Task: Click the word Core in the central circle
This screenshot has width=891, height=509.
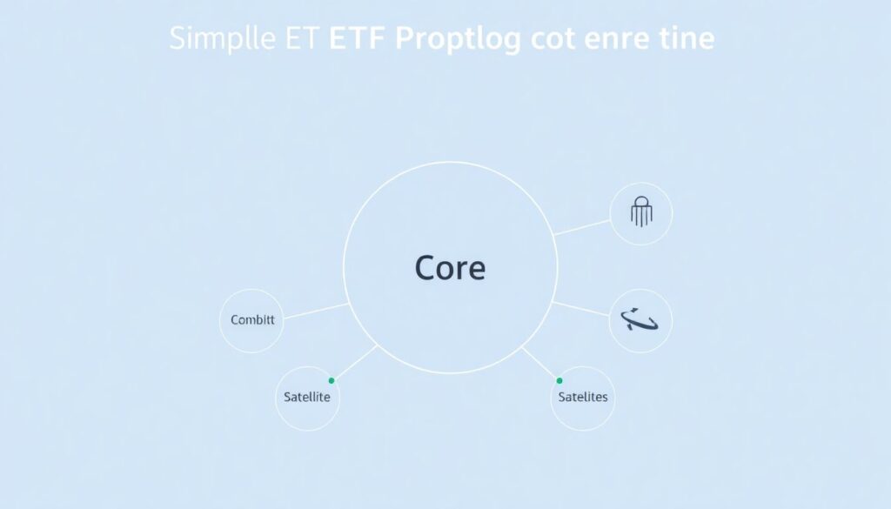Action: (x=450, y=267)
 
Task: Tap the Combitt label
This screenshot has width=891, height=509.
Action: (x=252, y=320)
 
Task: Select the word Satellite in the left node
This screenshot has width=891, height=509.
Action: (x=307, y=397)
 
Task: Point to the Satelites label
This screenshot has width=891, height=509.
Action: (x=583, y=397)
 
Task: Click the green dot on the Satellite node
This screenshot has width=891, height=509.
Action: (x=332, y=380)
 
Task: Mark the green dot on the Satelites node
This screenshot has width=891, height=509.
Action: (x=559, y=380)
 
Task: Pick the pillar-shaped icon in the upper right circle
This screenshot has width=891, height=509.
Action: (x=641, y=211)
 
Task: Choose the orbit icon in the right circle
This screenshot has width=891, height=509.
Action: (x=640, y=320)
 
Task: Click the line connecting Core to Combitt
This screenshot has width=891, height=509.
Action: (x=316, y=311)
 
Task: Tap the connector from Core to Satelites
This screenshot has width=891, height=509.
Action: (x=539, y=363)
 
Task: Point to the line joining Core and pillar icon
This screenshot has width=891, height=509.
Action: (x=582, y=227)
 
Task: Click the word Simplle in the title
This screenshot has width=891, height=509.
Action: (x=220, y=39)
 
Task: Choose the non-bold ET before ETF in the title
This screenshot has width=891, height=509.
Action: (x=302, y=39)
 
